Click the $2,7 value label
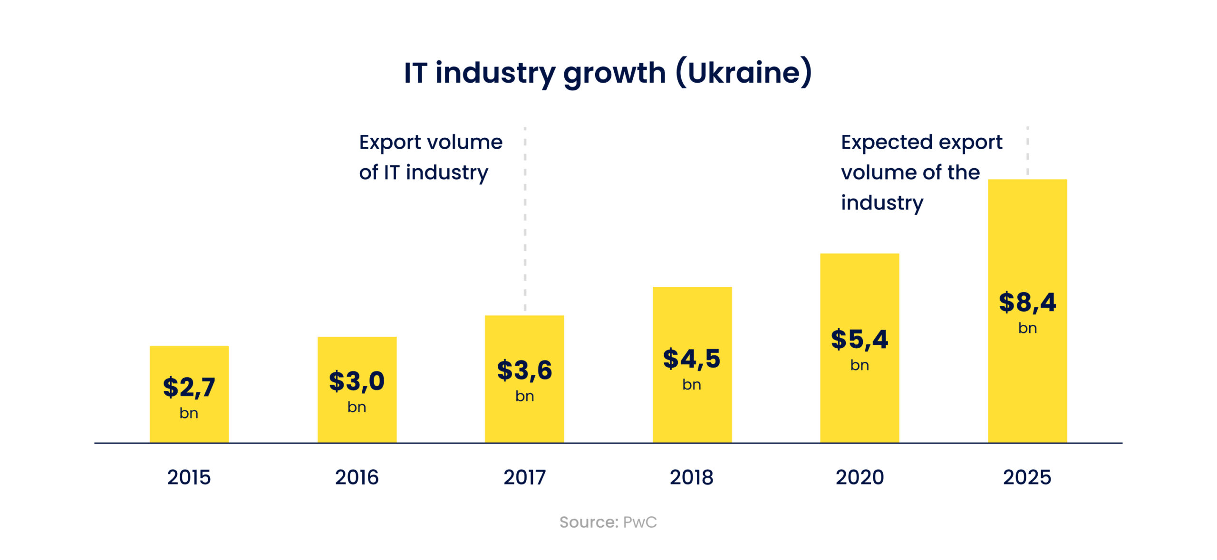pyautogui.click(x=189, y=387)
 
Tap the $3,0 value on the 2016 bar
pyautogui.click(x=357, y=381)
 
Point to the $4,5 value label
pyautogui.click(x=692, y=358)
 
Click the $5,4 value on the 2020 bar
pyautogui.click(x=859, y=339)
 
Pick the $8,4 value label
pyautogui.click(x=1027, y=302)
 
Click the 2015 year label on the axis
pyautogui.click(x=189, y=477)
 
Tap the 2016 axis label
pyautogui.click(x=357, y=477)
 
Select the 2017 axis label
pyautogui.click(x=524, y=477)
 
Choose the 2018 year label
pyautogui.click(x=692, y=477)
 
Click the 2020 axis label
pyautogui.click(x=860, y=477)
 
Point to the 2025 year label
pyautogui.click(x=1027, y=477)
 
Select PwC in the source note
pyautogui.click(x=639, y=522)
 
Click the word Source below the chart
pyautogui.click(x=588, y=522)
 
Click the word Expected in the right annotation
pyautogui.click(x=886, y=142)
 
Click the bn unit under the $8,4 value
pyautogui.click(x=1027, y=328)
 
